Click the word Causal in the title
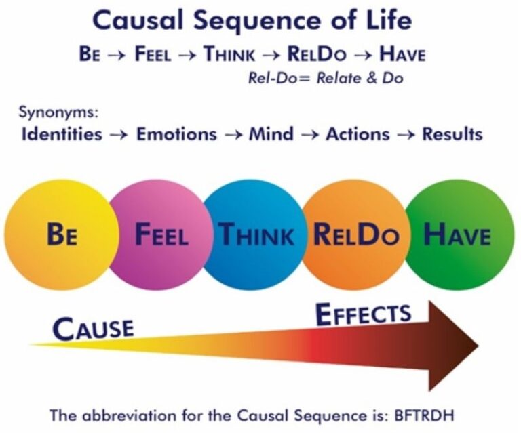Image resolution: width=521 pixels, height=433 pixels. (138, 20)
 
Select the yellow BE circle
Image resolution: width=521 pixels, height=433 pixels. (62, 234)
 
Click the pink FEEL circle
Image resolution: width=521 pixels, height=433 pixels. (159, 234)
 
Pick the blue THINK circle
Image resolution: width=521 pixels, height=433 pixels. (256, 234)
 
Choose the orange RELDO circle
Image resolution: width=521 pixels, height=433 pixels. (355, 234)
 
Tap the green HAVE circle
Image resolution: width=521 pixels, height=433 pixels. (460, 234)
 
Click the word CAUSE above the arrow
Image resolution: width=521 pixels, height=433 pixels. (93, 329)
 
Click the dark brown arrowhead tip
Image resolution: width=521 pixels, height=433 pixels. (478, 346)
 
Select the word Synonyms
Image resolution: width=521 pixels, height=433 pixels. (58, 112)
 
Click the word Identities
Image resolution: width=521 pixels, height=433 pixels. (62, 134)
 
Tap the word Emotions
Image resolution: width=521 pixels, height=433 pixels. (176, 134)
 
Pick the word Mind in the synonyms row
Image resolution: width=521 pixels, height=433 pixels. (271, 134)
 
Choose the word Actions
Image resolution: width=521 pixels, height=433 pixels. (358, 134)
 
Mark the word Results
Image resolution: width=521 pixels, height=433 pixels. (452, 134)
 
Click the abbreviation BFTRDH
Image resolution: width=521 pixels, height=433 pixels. (423, 415)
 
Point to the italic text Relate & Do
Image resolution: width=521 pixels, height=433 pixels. (360, 79)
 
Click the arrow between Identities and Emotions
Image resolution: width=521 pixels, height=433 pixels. (119, 135)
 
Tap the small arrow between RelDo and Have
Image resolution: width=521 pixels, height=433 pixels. (363, 56)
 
